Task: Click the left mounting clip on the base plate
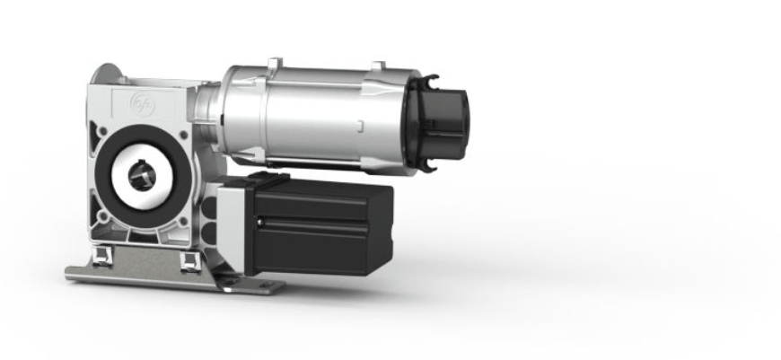(101, 258)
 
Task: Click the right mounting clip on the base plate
(189, 260)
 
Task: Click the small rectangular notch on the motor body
(359, 123)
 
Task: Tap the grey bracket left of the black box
(232, 224)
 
